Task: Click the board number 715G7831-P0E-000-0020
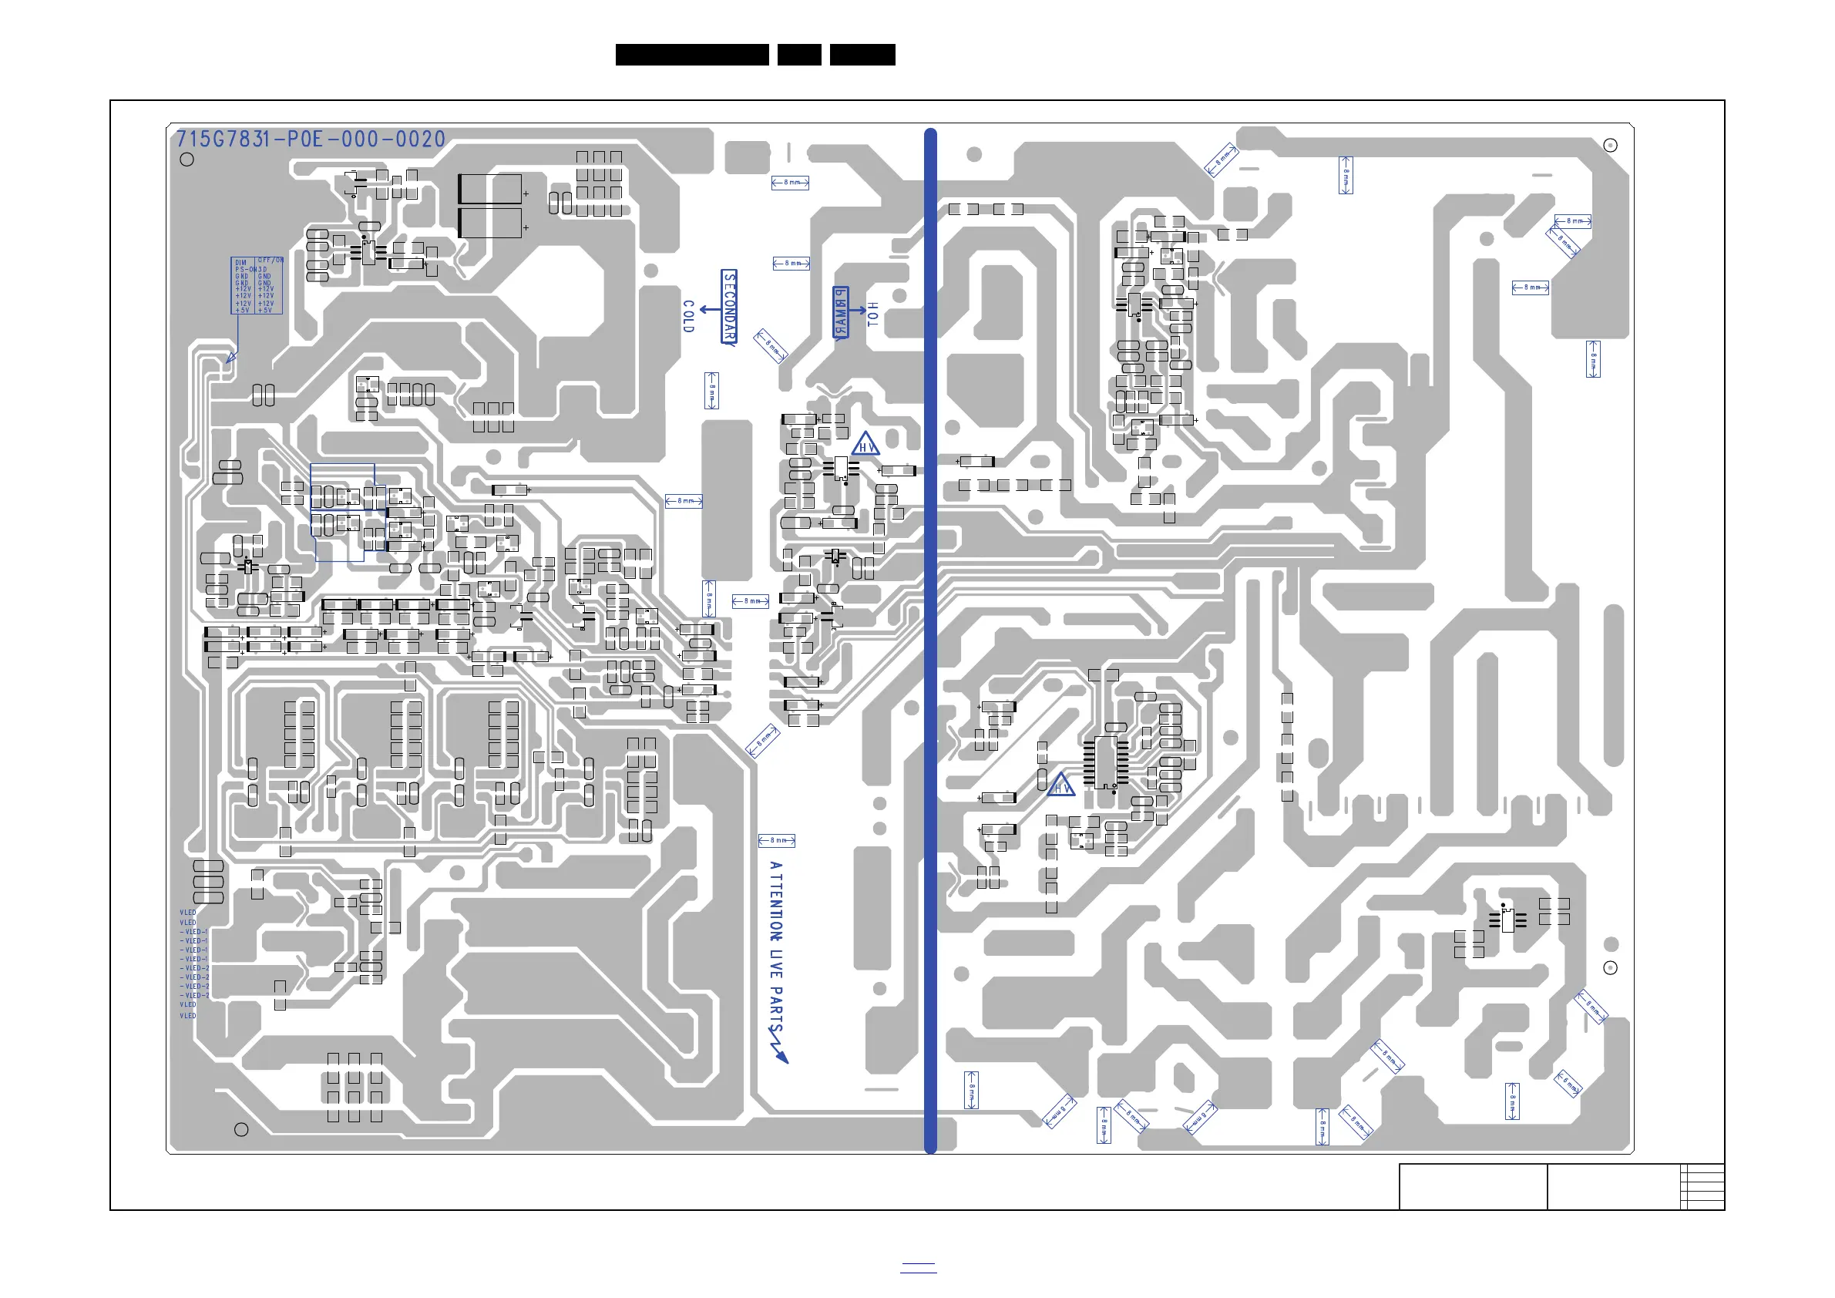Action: click(310, 140)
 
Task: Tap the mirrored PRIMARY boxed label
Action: click(840, 312)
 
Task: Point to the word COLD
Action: click(688, 317)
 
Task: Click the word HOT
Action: click(872, 314)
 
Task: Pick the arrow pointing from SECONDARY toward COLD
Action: click(708, 308)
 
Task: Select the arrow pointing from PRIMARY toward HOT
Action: click(858, 309)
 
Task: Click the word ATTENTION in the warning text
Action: click(775, 901)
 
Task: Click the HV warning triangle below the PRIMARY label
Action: click(865, 445)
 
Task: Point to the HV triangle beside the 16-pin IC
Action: click(1061, 785)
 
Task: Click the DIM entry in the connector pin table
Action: click(240, 262)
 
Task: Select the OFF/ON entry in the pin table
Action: click(271, 261)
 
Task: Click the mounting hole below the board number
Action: click(187, 160)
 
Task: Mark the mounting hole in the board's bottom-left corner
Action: click(241, 1129)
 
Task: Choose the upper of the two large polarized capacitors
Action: click(490, 190)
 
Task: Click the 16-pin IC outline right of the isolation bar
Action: click(1106, 762)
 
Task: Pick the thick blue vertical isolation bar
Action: click(930, 640)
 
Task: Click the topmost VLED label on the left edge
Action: click(188, 913)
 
